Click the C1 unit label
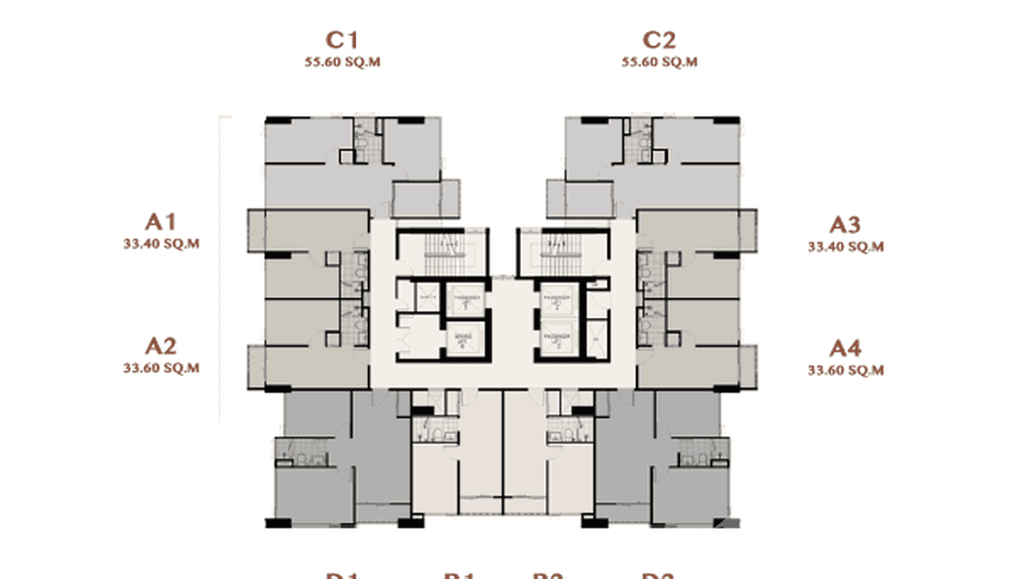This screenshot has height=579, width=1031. pyautogui.click(x=342, y=40)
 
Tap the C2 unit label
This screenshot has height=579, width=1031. pyautogui.click(x=659, y=40)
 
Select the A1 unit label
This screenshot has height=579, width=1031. pyautogui.click(x=161, y=222)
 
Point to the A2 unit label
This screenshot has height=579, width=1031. pyautogui.click(x=161, y=346)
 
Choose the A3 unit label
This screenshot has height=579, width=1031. pyautogui.click(x=845, y=225)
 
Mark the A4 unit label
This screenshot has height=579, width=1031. pyautogui.click(x=845, y=349)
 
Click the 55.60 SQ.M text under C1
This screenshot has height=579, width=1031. pyautogui.click(x=342, y=62)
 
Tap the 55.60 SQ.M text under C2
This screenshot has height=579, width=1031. pyautogui.click(x=659, y=62)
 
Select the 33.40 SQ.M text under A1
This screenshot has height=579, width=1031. pyautogui.click(x=161, y=243)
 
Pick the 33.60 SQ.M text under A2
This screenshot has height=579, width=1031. pyautogui.click(x=161, y=368)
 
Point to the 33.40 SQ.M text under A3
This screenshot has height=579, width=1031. pyautogui.click(x=845, y=246)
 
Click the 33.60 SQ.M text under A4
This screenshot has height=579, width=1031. pyautogui.click(x=845, y=370)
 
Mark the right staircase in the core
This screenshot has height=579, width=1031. pyautogui.click(x=553, y=251)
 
